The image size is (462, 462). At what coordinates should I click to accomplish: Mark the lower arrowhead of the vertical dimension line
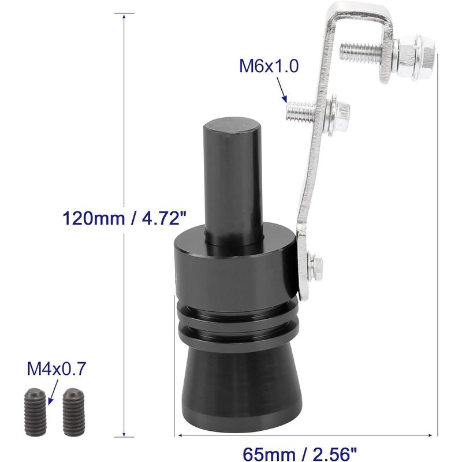tap(125, 436)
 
